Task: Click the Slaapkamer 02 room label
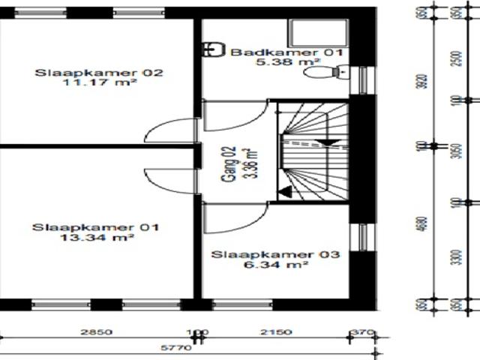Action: (99, 73)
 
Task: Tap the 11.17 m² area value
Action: (99, 84)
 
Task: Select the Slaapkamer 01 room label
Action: (94, 226)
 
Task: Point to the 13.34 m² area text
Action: (94, 238)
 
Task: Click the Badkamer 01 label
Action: (286, 52)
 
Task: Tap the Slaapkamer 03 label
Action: (275, 255)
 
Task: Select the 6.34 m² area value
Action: (275, 265)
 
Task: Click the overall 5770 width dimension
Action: (180, 347)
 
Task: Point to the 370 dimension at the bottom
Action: (364, 331)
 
